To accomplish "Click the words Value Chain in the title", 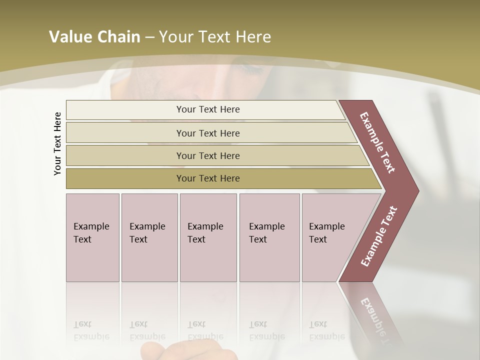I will click(x=94, y=37).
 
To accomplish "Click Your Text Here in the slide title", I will click(x=215, y=37).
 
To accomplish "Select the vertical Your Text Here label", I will click(x=57, y=143).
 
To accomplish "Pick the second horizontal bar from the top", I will click(x=207, y=133).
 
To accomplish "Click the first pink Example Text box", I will click(x=92, y=237).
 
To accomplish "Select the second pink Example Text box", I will click(x=149, y=237).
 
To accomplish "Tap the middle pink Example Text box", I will click(x=208, y=237).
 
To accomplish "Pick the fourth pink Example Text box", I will click(x=269, y=237).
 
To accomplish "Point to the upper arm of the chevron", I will click(x=377, y=142).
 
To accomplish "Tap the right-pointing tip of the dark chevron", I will click(x=413, y=190).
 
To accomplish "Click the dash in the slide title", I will click(x=149, y=37).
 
